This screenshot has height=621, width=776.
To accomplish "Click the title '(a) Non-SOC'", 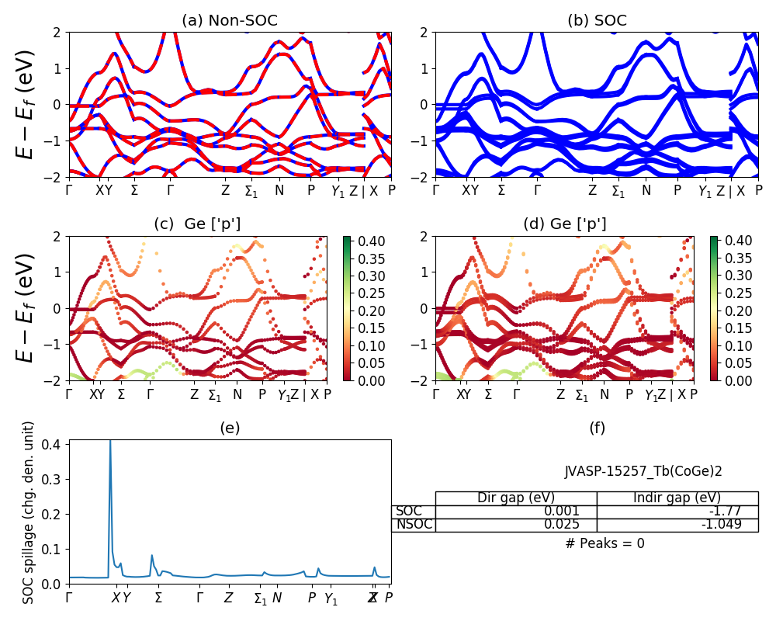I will click(230, 20).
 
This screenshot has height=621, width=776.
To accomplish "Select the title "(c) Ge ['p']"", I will click(197, 224).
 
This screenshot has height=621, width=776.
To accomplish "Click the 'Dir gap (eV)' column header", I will click(515, 498).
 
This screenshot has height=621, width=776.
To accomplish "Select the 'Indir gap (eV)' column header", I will click(677, 498).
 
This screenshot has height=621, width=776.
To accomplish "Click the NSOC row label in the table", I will click(414, 525).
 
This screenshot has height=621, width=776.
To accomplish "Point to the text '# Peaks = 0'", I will click(605, 543).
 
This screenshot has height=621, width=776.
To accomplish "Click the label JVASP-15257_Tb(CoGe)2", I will click(643, 470).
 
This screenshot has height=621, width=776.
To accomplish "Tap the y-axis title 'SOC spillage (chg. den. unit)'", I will click(29, 512).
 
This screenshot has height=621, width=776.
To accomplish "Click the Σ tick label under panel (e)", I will click(158, 598).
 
